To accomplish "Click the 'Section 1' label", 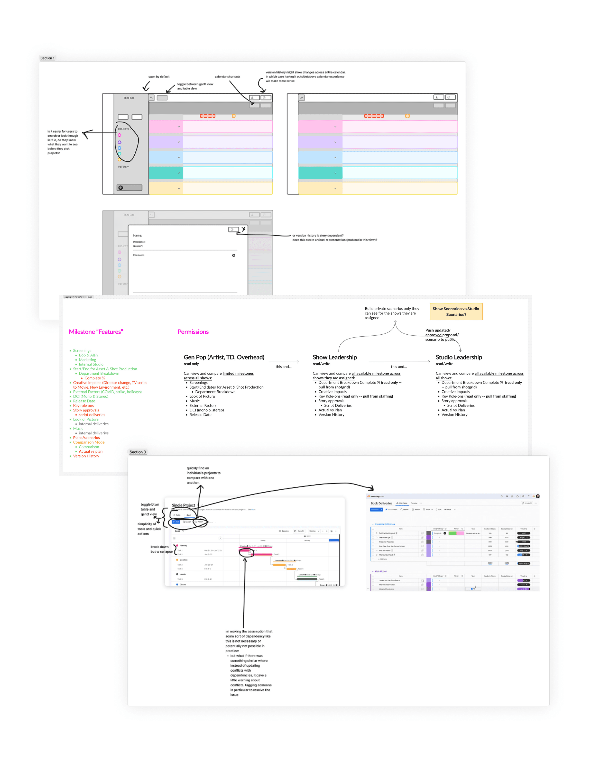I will click(x=47, y=58).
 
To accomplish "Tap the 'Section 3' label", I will click(x=137, y=452).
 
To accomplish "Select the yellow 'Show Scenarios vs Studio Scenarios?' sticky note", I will click(x=456, y=311).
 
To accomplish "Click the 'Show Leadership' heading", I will click(x=335, y=357).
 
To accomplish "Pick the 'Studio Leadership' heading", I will click(x=459, y=357).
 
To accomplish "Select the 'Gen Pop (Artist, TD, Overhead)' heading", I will click(x=224, y=357).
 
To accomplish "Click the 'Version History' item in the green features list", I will click(x=86, y=456).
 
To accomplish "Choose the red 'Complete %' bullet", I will click(x=94, y=378).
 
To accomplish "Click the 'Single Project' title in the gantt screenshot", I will click(x=183, y=505).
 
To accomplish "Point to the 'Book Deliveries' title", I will click(x=381, y=503).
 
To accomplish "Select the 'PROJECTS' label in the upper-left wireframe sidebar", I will click(x=124, y=129).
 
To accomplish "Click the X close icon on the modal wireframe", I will click(x=243, y=229).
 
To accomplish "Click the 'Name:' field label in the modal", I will click(x=137, y=235).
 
